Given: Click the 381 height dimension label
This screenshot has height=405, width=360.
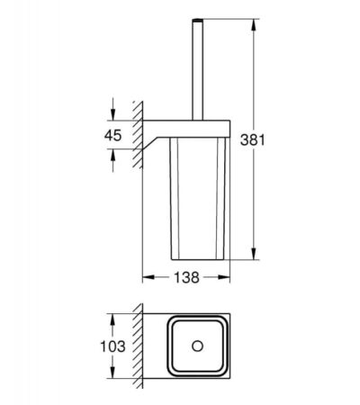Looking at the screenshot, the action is point(253,139).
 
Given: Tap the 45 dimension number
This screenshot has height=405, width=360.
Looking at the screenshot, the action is point(112,135).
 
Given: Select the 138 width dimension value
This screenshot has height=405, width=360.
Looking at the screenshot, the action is point(186,277).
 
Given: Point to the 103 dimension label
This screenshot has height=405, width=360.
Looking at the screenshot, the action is point(112,346).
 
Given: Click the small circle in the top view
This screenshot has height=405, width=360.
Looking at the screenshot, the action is point(197,346).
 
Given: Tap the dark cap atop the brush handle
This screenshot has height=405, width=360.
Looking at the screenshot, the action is point(197,21).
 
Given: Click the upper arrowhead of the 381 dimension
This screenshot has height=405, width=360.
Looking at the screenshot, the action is point(254,24).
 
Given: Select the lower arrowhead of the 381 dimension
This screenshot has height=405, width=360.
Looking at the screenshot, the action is point(254,254).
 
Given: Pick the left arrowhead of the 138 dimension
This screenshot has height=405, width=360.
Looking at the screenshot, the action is point(148,277).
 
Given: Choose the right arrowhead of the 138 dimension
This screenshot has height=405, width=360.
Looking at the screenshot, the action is point(224,277).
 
